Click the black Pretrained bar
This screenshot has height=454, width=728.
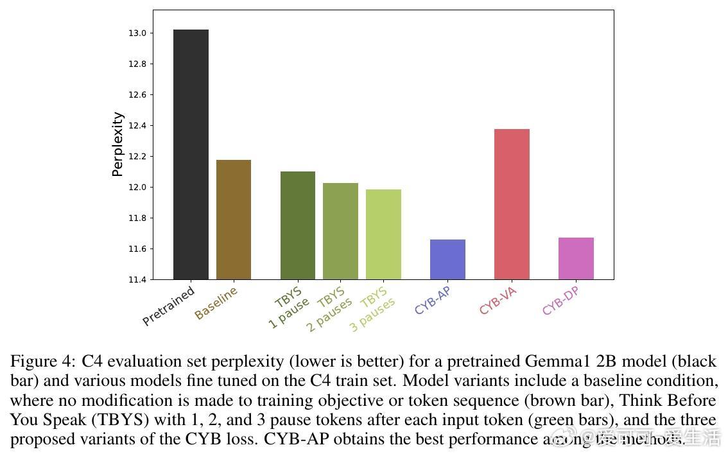191,154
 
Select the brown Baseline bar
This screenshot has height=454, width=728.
234,220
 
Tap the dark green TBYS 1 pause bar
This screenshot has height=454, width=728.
298,225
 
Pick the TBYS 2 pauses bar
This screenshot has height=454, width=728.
340,231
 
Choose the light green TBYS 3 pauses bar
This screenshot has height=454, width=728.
383,234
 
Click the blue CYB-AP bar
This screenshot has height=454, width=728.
447,259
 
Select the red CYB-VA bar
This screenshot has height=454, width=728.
512,204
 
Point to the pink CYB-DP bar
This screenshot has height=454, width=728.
576,258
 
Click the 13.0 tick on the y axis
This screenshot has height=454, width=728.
137,33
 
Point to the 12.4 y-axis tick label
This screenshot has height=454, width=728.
137,126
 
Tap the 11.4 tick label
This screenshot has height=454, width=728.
137,280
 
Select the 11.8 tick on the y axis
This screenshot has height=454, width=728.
137,218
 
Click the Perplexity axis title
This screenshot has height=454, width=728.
117,144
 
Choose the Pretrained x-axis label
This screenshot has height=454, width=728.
168,306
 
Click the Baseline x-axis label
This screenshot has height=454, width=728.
216,303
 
